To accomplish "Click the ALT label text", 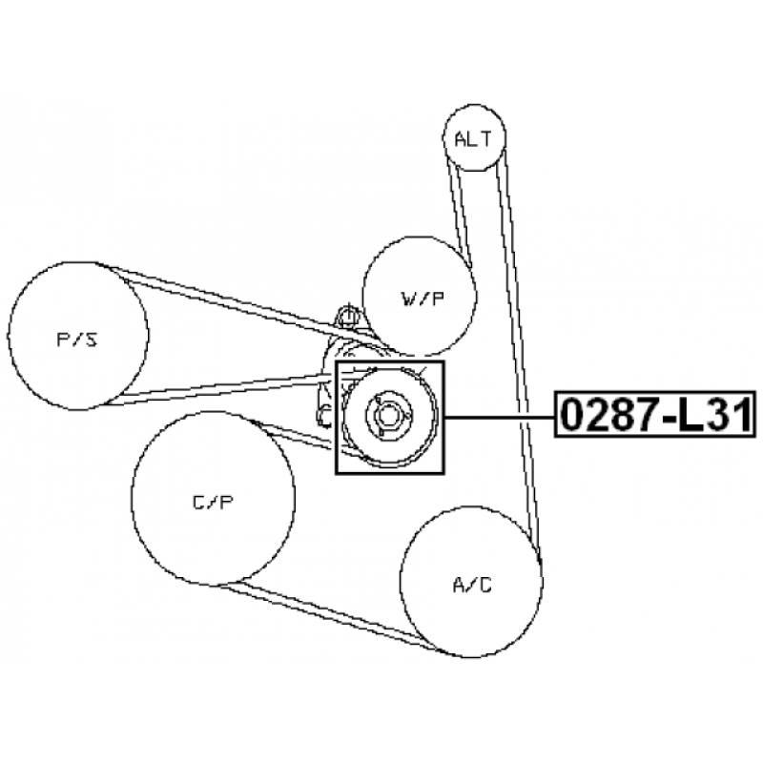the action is point(473,139).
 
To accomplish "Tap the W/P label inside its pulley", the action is point(423,299).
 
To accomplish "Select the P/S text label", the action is point(77,339).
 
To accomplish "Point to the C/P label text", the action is point(213,502).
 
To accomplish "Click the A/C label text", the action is point(472,585).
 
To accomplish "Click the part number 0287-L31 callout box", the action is point(655,414).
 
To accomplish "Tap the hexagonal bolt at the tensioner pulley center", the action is point(387,417).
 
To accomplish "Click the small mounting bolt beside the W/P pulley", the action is point(347,316).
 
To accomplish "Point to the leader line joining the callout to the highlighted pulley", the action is point(500,418).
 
